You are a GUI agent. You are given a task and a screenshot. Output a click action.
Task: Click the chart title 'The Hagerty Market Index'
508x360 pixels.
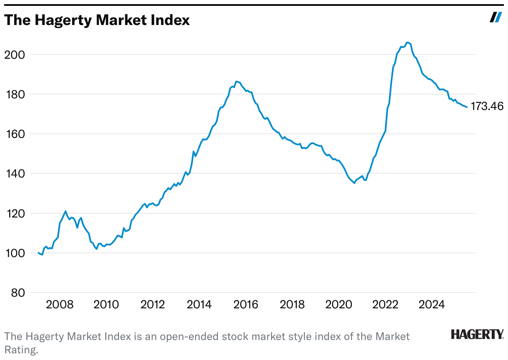(x=97, y=20)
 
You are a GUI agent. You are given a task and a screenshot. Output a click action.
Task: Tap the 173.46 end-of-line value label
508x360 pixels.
(x=487, y=107)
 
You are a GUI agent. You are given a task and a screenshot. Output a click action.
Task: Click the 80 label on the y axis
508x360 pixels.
(x=15, y=292)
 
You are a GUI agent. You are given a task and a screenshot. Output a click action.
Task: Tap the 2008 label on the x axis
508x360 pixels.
(x=60, y=305)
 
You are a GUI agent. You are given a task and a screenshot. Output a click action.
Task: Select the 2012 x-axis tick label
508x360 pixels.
(x=153, y=305)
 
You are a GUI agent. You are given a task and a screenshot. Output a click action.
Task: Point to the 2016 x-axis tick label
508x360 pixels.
(x=246, y=305)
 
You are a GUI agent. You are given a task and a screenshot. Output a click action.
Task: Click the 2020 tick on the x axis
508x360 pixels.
(x=339, y=305)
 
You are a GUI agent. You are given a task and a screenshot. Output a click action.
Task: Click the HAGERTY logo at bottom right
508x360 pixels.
(x=477, y=334)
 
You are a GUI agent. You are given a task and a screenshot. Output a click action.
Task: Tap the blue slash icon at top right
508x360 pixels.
(x=496, y=17)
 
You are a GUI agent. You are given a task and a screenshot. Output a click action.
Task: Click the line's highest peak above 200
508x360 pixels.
(x=407, y=42)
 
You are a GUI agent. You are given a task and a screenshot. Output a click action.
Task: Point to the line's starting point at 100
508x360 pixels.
(x=38, y=253)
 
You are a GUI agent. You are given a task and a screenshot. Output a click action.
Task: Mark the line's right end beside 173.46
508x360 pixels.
(x=467, y=107)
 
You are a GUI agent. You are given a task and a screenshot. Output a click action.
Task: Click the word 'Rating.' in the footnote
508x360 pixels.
(x=21, y=350)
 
